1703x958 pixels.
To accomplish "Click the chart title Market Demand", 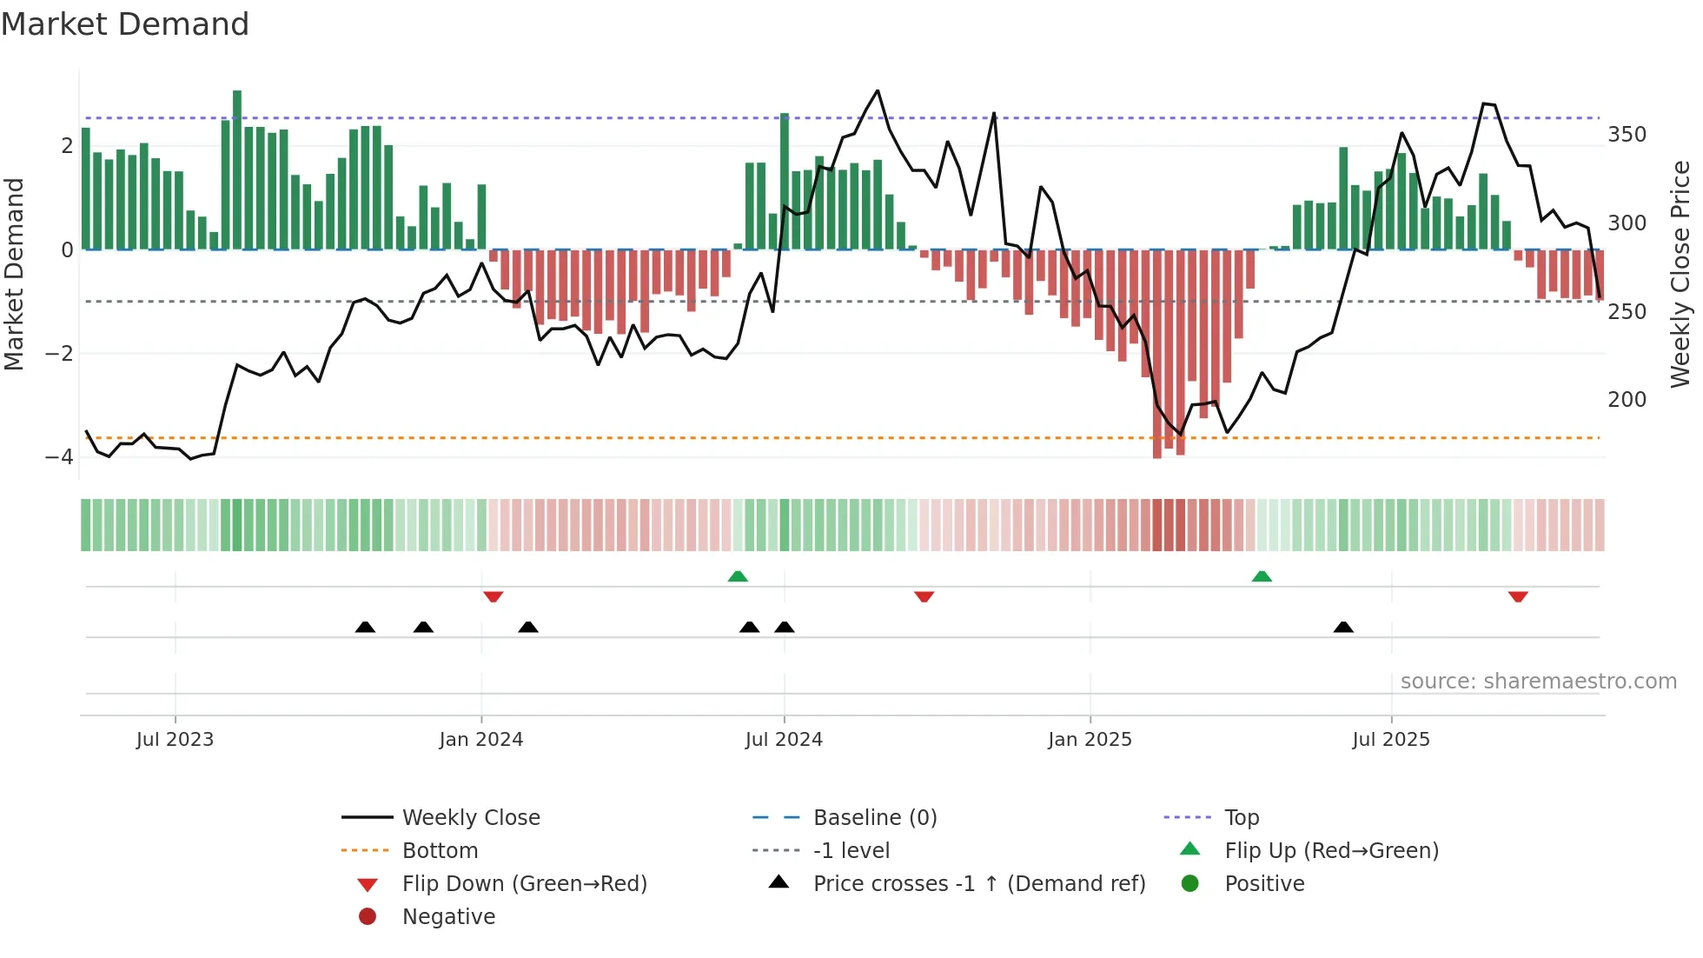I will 125,24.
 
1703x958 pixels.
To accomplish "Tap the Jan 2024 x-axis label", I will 480,739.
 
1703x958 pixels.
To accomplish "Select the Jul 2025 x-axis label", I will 1390,739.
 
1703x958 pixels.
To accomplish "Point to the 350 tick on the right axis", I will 1627,135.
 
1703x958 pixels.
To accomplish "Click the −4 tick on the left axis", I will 59,456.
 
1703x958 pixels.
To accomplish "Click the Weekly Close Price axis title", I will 1680,274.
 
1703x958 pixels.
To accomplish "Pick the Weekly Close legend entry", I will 470,817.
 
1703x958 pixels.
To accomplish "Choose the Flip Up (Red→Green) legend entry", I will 1331,850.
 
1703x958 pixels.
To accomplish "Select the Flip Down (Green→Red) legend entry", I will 524,883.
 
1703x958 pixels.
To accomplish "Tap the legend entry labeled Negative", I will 448,916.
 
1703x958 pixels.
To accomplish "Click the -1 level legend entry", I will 851,850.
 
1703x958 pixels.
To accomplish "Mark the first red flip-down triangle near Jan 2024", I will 494,596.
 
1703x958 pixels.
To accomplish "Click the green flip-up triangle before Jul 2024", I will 738,576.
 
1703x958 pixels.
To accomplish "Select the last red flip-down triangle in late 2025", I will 1518,596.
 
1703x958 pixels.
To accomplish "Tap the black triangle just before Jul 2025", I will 1343,627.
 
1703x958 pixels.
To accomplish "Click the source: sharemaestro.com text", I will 1538,681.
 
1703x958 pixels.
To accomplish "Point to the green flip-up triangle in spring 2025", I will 1262,576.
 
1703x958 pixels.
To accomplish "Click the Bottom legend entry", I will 440,850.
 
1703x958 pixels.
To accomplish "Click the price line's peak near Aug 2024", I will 878,90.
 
